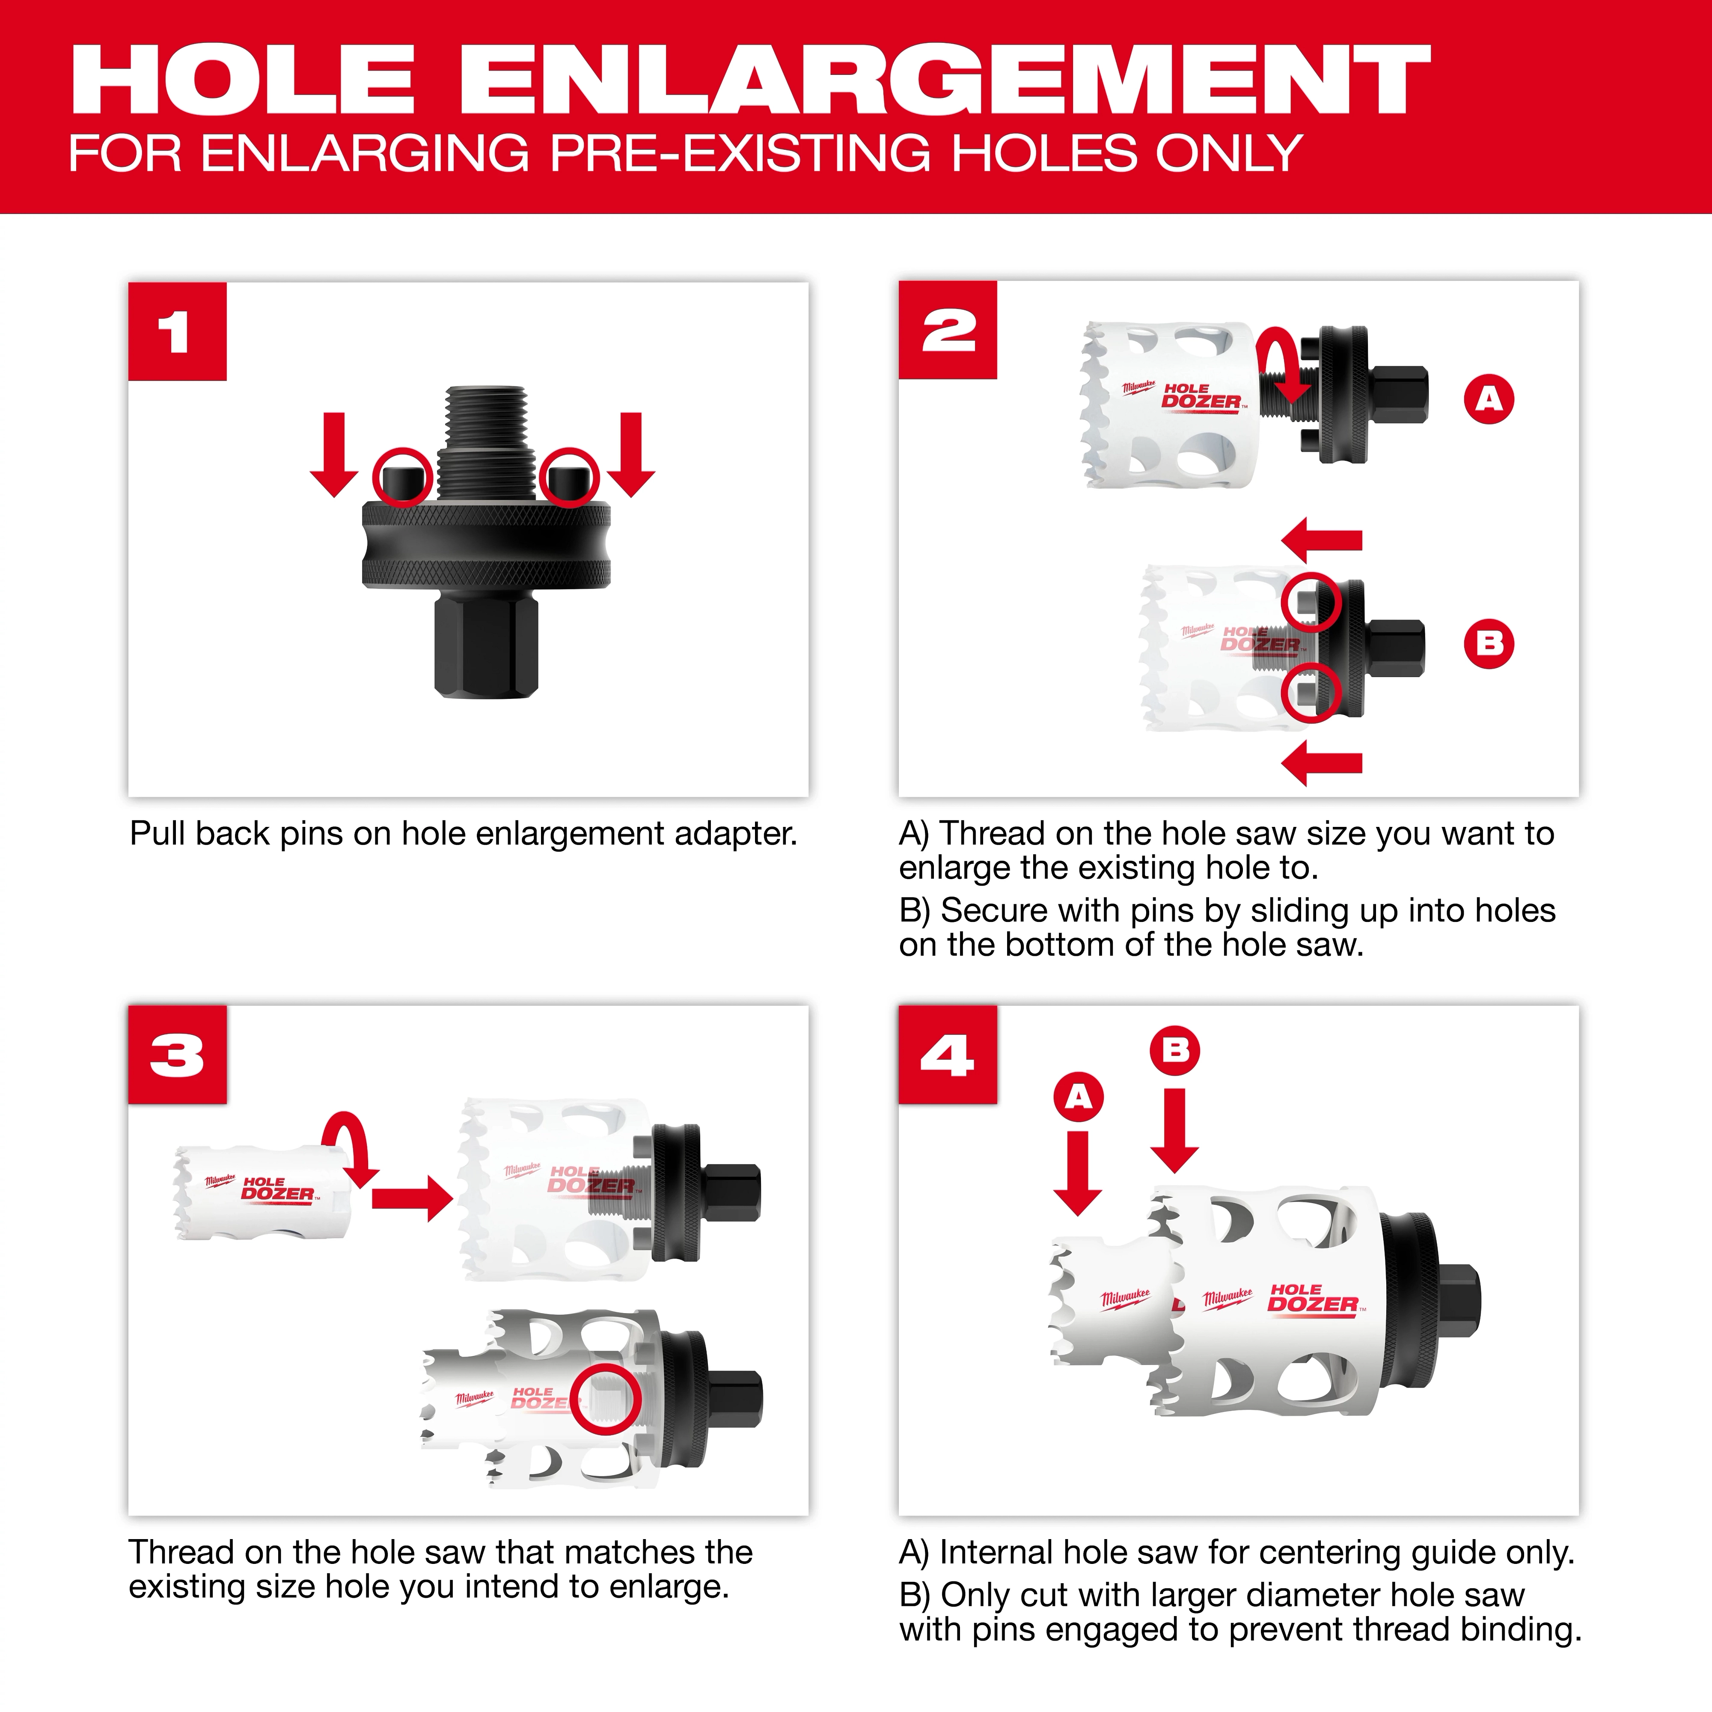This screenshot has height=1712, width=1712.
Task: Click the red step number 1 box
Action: [177, 331]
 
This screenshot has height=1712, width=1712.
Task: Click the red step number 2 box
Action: [947, 330]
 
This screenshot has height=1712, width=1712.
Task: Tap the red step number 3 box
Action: [177, 1055]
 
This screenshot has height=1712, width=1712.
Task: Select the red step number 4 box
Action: [947, 1055]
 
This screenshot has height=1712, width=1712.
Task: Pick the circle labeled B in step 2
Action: [1489, 643]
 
